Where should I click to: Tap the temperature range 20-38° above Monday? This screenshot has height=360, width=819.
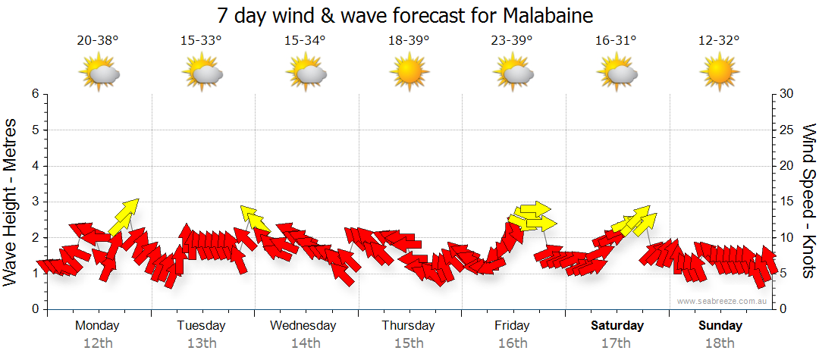(x=98, y=41)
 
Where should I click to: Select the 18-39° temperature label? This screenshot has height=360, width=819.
(x=409, y=41)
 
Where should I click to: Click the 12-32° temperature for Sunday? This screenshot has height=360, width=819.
(x=720, y=41)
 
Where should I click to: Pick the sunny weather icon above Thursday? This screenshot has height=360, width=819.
(x=409, y=74)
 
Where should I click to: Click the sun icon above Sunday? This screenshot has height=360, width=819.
(x=720, y=74)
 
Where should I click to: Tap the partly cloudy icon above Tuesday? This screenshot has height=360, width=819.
(x=202, y=74)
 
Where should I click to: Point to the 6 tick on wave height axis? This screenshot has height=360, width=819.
(x=34, y=94)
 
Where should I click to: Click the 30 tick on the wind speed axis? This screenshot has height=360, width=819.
(x=787, y=94)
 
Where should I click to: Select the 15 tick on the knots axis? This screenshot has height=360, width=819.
(x=787, y=202)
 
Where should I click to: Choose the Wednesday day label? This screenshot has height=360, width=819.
(x=303, y=326)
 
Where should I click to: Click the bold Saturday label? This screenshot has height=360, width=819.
(x=617, y=326)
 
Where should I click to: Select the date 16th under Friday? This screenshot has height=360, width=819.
(x=513, y=343)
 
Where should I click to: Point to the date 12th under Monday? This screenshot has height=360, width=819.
(x=98, y=343)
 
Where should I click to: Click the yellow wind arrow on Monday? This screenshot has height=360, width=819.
(x=124, y=217)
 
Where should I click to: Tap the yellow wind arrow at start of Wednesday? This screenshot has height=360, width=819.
(x=255, y=218)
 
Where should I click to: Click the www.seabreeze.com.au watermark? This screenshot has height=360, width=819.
(x=723, y=301)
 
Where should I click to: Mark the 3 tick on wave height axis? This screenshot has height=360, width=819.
(x=34, y=202)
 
